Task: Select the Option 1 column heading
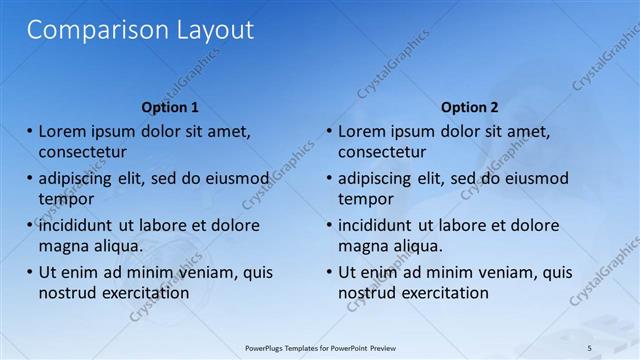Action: [x=170, y=107]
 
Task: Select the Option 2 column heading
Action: [x=469, y=107]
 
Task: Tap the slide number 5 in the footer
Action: [x=589, y=347]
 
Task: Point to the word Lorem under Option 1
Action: [x=62, y=131]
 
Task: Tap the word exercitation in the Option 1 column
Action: [x=144, y=293]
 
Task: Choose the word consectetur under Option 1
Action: [x=82, y=152]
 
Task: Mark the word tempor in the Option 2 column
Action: [x=366, y=199]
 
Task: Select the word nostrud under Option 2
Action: [x=367, y=293]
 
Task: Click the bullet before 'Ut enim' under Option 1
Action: [x=30, y=272]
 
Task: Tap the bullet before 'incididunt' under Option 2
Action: [x=329, y=225]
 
